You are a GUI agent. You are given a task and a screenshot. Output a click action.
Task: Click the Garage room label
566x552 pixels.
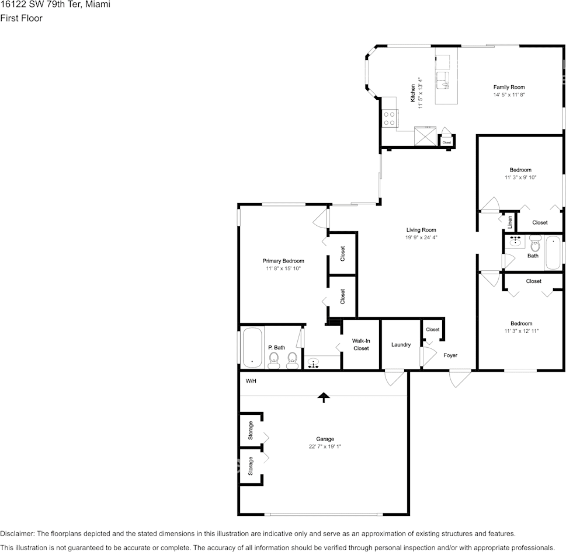point(325,439)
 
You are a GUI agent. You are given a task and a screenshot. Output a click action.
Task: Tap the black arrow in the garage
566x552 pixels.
point(324,397)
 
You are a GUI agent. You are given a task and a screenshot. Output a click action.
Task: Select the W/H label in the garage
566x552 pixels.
point(251,380)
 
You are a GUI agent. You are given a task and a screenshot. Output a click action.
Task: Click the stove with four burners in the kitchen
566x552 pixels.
point(390,118)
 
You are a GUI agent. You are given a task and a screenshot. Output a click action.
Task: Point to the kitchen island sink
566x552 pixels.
point(443,80)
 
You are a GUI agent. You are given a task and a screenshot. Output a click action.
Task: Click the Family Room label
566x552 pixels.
point(509,87)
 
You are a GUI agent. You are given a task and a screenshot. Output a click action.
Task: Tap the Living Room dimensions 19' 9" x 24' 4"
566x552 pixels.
point(421,237)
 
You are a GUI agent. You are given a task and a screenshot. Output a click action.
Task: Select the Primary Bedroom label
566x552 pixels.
point(283,261)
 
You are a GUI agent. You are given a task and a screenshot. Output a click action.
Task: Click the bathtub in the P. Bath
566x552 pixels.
point(252,347)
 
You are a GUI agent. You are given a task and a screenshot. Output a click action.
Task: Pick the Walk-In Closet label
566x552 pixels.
point(361,344)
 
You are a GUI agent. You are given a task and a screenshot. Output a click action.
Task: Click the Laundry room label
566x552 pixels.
point(401,344)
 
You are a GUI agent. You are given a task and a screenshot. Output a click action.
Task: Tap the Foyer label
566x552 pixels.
point(450,355)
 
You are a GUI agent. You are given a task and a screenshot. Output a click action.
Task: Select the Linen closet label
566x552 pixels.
point(510,222)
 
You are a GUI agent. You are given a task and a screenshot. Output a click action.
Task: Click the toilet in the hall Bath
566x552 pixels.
point(535,243)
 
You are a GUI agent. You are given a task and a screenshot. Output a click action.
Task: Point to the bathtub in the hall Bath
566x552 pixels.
point(553,253)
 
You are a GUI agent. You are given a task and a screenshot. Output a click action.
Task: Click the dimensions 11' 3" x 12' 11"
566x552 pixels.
point(521,331)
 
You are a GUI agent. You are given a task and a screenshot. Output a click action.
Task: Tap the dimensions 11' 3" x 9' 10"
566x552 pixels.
point(520,177)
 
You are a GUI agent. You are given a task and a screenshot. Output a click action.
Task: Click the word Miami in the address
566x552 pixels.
point(98,5)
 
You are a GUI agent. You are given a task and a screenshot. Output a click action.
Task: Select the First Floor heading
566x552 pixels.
point(21,18)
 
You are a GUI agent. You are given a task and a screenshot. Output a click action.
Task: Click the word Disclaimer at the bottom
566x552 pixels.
point(18,533)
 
